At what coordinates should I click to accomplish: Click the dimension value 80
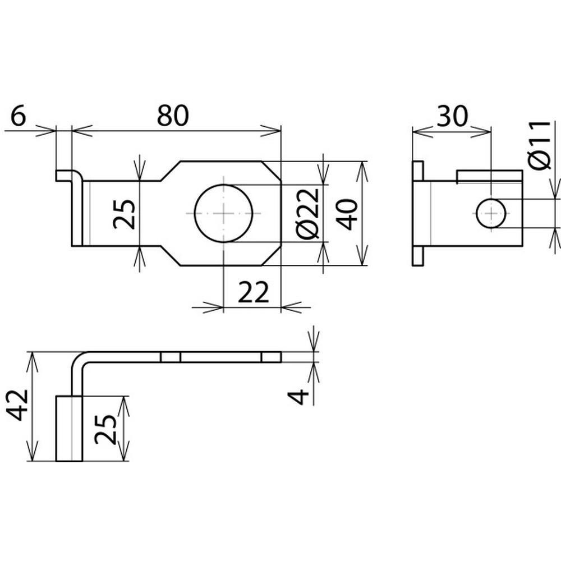click(x=172, y=116)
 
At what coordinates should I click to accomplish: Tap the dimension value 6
click(x=19, y=116)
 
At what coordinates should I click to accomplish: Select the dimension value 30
click(x=452, y=116)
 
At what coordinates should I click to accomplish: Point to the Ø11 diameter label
click(x=540, y=145)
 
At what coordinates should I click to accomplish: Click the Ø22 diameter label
click(x=308, y=213)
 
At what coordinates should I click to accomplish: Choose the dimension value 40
click(x=347, y=214)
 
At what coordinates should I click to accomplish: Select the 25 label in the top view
click(x=124, y=214)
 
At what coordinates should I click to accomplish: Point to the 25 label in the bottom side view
click(x=105, y=429)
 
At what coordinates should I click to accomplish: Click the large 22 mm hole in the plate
click(x=224, y=213)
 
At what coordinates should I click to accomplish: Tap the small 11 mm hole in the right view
click(x=491, y=213)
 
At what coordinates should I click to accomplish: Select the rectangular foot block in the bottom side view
click(x=69, y=428)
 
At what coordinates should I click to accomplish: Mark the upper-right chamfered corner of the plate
click(x=272, y=171)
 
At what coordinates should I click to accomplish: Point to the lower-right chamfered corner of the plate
click(x=272, y=256)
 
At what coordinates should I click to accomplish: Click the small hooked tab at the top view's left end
click(x=67, y=176)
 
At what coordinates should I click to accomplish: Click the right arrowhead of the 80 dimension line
click(x=271, y=131)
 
